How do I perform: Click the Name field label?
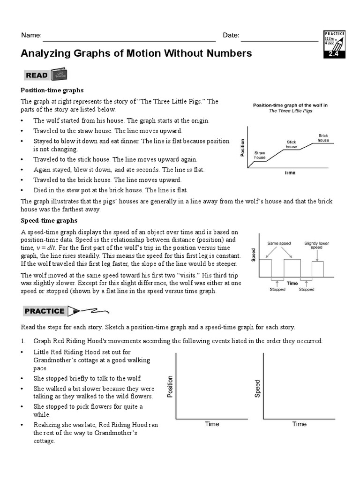point(31,36)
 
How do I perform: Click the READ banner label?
point(37,75)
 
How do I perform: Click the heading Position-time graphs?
point(52,90)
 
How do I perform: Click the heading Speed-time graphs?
point(49,220)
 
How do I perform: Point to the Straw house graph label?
point(260,155)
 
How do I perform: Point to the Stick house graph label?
point(292,144)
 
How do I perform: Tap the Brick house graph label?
point(323,138)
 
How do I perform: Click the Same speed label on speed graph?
point(279,243)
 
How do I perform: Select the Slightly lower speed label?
point(317,245)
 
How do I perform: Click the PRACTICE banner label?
point(45,311)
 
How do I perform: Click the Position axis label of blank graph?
point(170,386)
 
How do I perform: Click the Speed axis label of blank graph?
point(257,389)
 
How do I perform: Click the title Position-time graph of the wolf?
point(290,105)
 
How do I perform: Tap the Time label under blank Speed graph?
point(300,424)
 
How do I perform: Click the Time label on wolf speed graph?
point(292,283)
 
